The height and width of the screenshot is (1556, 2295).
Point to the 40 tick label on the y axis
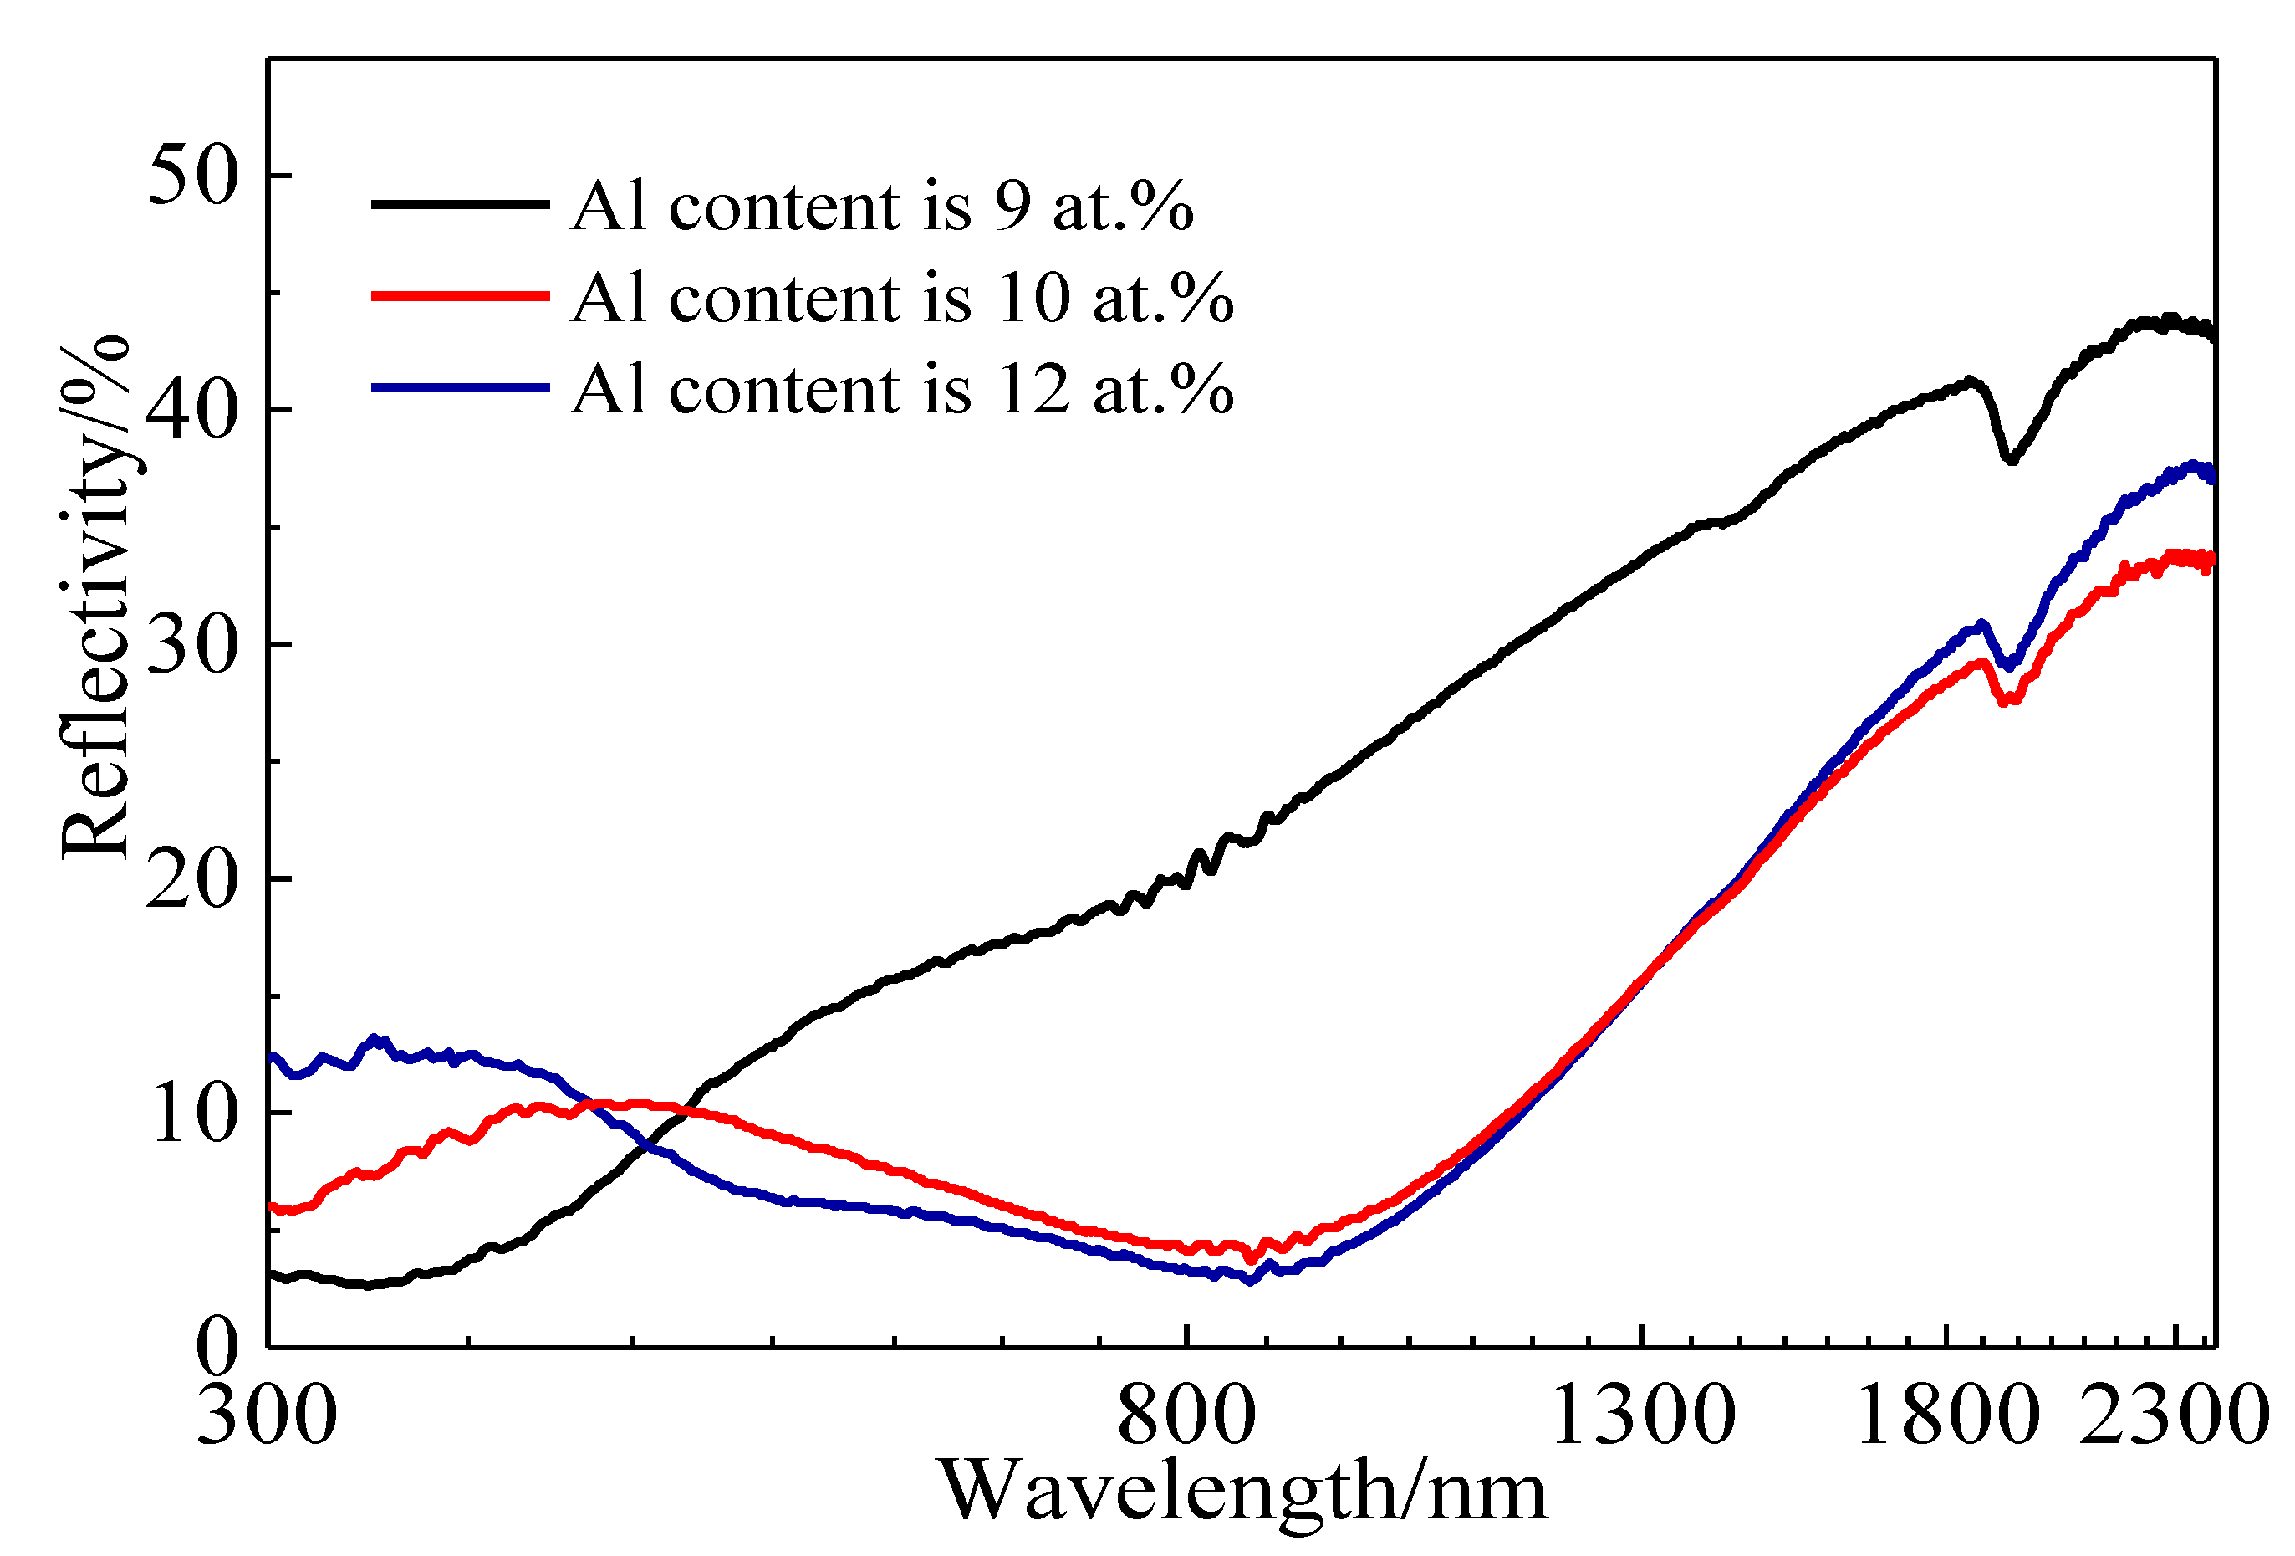(194, 411)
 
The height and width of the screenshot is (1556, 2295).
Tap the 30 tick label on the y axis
(194, 645)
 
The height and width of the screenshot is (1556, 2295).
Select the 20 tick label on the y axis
(194, 879)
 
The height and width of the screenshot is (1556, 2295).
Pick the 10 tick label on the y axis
(194, 1113)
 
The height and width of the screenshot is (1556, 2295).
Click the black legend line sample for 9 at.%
(460, 204)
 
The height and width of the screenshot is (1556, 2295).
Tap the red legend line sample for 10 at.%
(460, 295)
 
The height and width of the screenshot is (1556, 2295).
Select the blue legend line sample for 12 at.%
(460, 388)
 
